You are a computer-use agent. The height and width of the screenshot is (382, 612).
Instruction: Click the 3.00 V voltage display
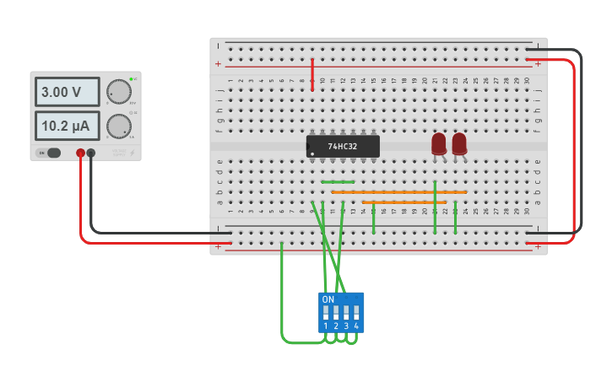[x=67, y=92]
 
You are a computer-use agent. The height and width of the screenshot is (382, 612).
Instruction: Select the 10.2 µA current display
[x=67, y=126]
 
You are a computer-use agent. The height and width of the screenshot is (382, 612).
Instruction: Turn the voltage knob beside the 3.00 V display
[x=119, y=92]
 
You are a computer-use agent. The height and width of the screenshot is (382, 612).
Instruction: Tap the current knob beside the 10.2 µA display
[x=118, y=126]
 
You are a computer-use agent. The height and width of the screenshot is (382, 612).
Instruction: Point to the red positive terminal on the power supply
[x=81, y=153]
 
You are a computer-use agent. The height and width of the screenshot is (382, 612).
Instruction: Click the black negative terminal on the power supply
[x=91, y=153]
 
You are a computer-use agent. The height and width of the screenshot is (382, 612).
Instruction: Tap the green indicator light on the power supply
[x=133, y=78]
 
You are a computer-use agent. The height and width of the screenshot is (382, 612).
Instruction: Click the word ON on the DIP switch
[x=328, y=299]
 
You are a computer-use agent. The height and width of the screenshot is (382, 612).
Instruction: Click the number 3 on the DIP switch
[x=346, y=326]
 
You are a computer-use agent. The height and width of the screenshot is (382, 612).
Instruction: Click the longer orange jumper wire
[x=398, y=192]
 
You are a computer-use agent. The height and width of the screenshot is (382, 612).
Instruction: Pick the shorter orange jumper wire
[x=403, y=202]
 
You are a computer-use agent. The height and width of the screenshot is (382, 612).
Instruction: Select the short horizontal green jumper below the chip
[x=338, y=181]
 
